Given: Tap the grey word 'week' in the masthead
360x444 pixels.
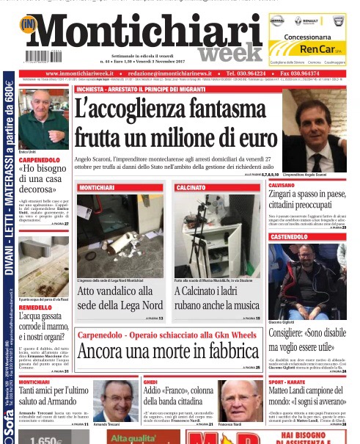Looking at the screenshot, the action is (x=229, y=53).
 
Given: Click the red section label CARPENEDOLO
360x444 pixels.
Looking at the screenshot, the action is (x=40, y=160).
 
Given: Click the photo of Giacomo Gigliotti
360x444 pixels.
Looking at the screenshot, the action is (x=307, y=271).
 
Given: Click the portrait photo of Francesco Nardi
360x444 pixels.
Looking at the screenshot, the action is (x=241, y=401).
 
